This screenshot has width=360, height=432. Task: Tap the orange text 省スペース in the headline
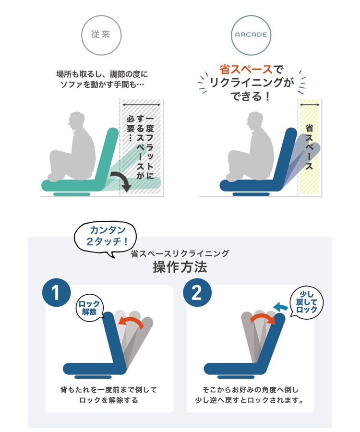coord(246,69)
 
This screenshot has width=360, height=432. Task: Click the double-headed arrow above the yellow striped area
coord(310,105)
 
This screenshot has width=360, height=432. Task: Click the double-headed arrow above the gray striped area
coord(141,105)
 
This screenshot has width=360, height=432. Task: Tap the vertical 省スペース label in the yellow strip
coord(309,147)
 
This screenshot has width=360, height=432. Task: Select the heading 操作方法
coord(180,267)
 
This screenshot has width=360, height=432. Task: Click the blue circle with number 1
coord(56,292)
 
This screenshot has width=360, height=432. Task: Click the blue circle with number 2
coord(197,292)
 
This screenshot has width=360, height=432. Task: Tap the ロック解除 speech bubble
coord(89,308)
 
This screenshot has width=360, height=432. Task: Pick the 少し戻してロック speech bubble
coord(306,302)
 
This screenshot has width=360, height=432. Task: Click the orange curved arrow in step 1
coord(131,321)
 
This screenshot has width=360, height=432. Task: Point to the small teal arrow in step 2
coord(280,306)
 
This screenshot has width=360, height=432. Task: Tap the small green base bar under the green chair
coord(72,194)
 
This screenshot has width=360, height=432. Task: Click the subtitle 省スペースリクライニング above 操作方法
coord(180,253)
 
